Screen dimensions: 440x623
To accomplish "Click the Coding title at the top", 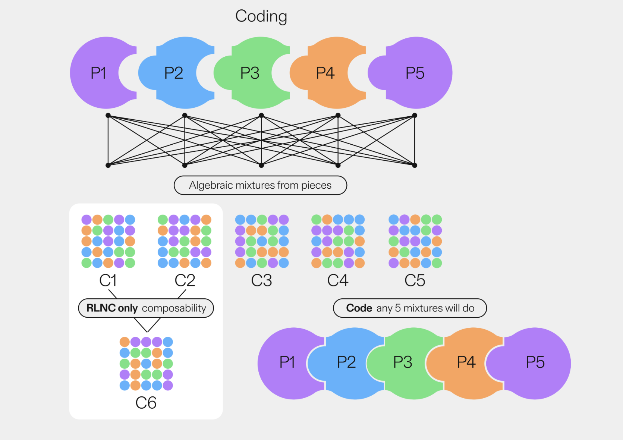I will coord(261,16).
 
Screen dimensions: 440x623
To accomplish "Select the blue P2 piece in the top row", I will coord(174,73).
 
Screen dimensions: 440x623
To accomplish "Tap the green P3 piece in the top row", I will coord(250,73).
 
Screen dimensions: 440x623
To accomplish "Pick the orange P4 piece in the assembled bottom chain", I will coord(466,362).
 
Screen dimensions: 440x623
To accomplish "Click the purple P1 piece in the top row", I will coord(98,73).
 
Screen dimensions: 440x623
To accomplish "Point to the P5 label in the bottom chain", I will coord(535,362).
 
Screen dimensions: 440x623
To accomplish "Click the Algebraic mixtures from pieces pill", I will coord(260,185).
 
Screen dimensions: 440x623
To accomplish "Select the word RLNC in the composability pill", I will coord(101,308).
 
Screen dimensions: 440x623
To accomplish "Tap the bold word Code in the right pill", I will coord(359,308).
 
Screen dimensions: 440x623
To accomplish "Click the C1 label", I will coord(108,280).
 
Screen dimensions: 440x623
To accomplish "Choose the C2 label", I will coord(185,280).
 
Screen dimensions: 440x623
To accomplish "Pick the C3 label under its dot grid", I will coord(261,280).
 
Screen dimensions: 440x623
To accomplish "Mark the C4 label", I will coord(338,280).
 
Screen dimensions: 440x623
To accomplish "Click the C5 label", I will coord(415,280).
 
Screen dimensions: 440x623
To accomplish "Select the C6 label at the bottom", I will coord(146,403).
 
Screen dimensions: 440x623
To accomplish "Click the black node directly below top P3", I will coord(261,116).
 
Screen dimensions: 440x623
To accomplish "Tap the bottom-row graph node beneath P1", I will coord(108,165).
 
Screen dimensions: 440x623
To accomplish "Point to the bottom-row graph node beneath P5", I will coord(415,165).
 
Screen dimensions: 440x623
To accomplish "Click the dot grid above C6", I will coord(146,364).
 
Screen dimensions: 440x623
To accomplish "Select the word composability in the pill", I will coord(174,308).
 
